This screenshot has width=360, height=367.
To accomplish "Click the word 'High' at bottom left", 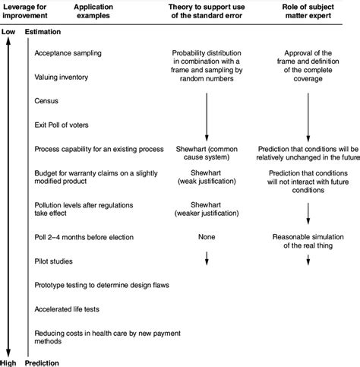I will (x=9, y=362).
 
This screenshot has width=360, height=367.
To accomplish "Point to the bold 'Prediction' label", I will (x=43, y=362).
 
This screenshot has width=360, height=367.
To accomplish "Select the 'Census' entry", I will (x=47, y=100).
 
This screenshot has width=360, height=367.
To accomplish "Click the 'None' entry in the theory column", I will (x=207, y=237).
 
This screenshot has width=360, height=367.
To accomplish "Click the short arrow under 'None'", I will (x=207, y=261).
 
